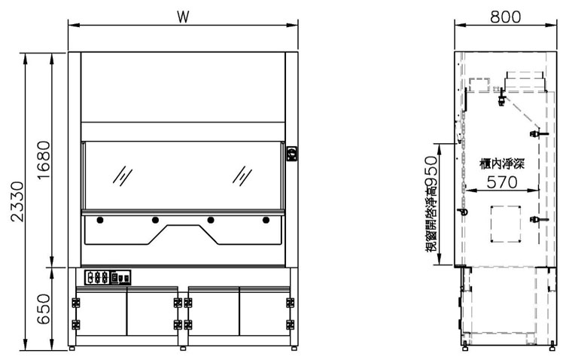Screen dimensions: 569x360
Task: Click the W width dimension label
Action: pyautogui.click(x=183, y=17)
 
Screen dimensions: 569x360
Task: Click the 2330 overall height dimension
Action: pyautogui.click(x=17, y=202)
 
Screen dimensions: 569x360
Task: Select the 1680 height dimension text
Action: pyautogui.click(x=44, y=160)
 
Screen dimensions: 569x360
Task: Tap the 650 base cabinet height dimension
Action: pyautogui.click(x=44, y=309)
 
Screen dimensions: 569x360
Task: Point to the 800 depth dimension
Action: pyautogui.click(x=506, y=17)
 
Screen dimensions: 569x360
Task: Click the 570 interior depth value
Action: pyautogui.click(x=502, y=182)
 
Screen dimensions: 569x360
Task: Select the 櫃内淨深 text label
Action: pyautogui.click(x=502, y=164)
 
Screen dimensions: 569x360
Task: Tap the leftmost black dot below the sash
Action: pyautogui.click(x=100, y=220)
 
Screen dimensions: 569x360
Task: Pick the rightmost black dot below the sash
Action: pyautogui.click(x=266, y=220)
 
